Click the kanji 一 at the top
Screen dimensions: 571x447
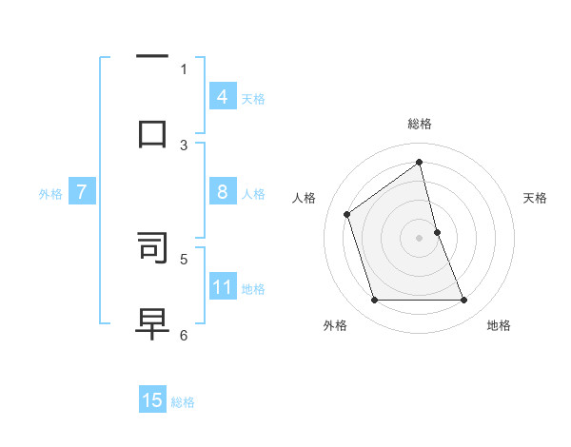click(152, 57)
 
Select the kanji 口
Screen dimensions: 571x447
click(152, 133)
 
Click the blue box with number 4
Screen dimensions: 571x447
click(223, 97)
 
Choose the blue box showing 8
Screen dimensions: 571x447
click(223, 192)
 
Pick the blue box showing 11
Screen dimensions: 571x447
click(223, 286)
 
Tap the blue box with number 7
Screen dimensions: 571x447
click(82, 192)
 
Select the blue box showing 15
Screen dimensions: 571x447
click(152, 400)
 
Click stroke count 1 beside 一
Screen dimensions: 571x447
click(184, 68)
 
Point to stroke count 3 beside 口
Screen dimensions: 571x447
click(184, 145)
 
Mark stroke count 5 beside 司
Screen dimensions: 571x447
click(184, 258)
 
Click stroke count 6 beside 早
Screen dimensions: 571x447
click(184, 334)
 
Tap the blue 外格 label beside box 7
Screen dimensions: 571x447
click(50, 193)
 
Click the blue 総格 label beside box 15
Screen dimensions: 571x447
click(183, 402)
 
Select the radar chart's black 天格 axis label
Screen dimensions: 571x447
click(535, 198)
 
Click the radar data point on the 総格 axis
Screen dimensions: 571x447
click(420, 163)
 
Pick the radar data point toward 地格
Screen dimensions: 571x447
click(464, 301)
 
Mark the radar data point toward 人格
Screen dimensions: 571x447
click(347, 214)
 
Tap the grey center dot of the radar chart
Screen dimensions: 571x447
click(420, 238)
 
